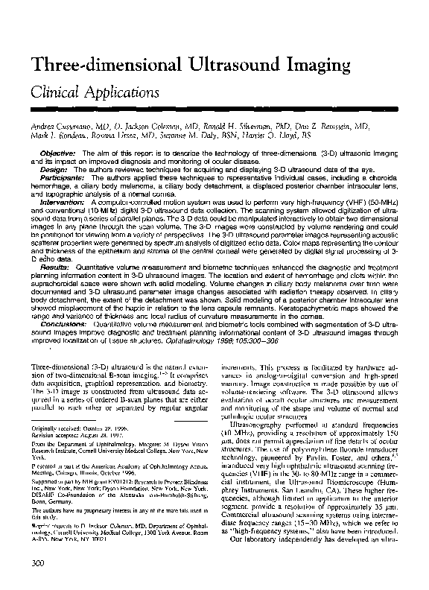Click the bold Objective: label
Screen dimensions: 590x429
57,153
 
